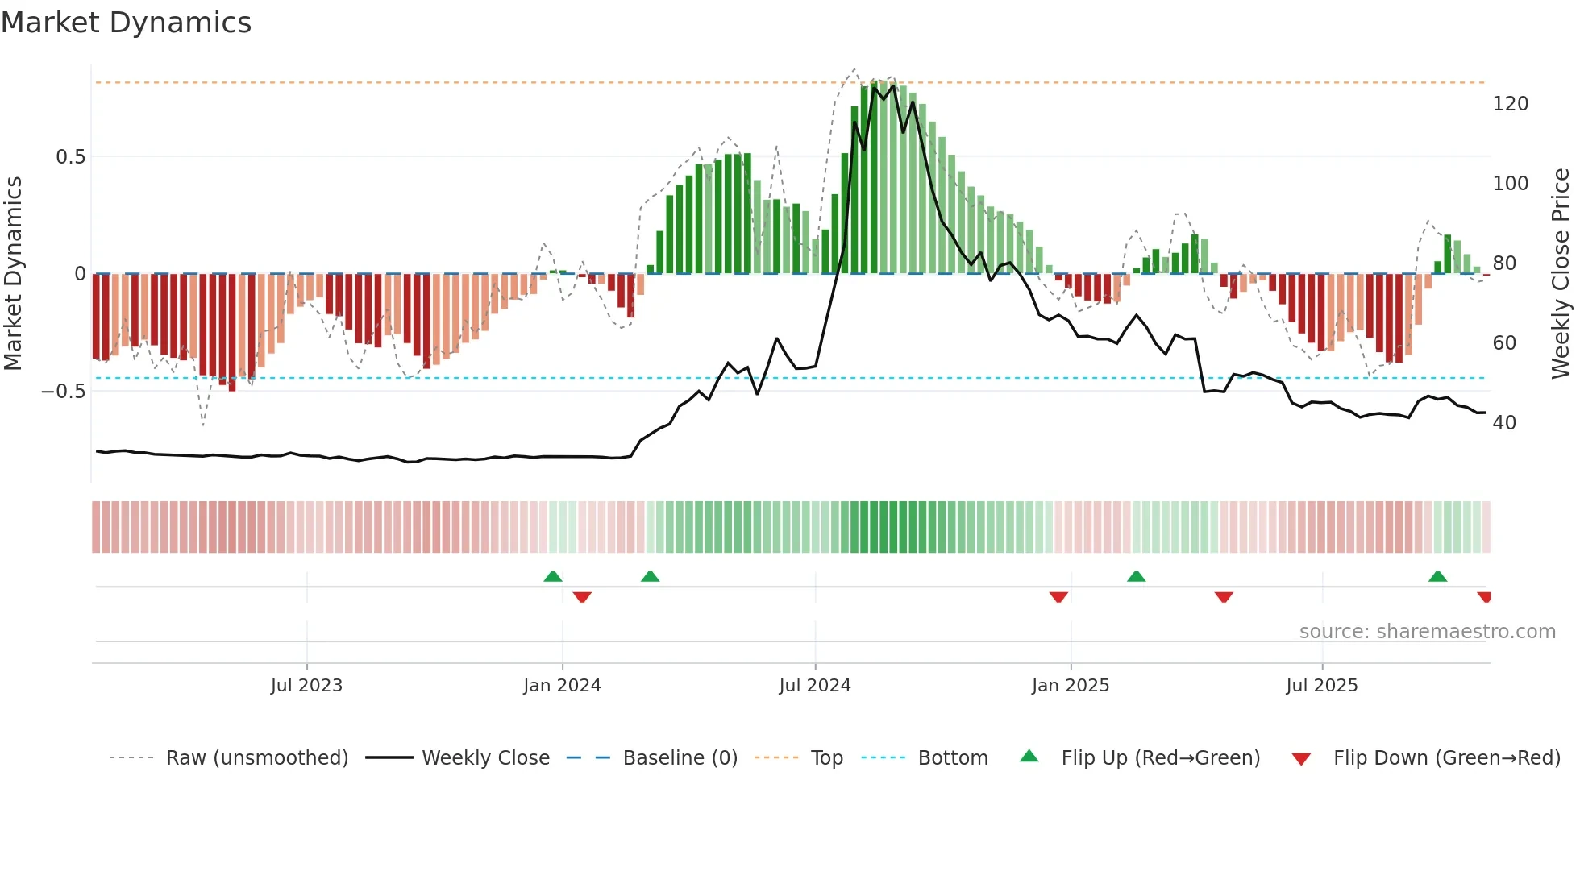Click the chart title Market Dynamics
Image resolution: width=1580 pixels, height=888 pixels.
pos(126,23)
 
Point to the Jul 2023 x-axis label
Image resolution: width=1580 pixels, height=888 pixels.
pos(306,686)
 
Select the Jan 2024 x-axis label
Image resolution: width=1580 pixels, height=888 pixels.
pos(562,686)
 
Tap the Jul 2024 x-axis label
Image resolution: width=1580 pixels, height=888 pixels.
pos(815,686)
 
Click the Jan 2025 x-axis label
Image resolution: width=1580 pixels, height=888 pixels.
pos(1071,686)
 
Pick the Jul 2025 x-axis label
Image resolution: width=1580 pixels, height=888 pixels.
pos(1322,686)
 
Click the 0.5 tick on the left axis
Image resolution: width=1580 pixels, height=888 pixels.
pos(70,157)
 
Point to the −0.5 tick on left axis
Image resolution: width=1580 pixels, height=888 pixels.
pos(64,392)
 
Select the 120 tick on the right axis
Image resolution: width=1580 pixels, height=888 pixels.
pos(1510,104)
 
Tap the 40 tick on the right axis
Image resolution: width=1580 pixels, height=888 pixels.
pos(1504,423)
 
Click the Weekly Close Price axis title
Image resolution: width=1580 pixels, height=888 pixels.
pos(1561,274)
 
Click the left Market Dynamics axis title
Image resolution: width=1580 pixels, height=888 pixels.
pos(14,274)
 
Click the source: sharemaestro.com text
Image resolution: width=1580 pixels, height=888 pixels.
pos(1427,632)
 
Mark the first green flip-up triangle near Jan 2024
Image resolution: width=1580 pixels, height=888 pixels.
pos(553,577)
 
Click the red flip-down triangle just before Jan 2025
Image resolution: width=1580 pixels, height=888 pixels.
pos(1058,597)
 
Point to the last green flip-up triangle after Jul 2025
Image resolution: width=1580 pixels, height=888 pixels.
pos(1437,577)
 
